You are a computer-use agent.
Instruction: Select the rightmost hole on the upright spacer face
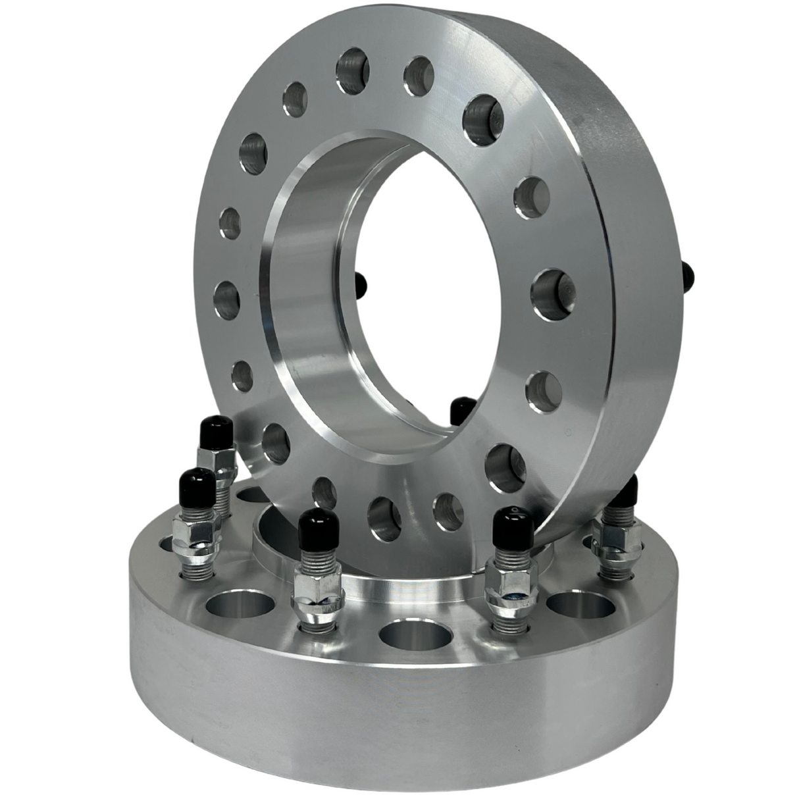click(x=554, y=289)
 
